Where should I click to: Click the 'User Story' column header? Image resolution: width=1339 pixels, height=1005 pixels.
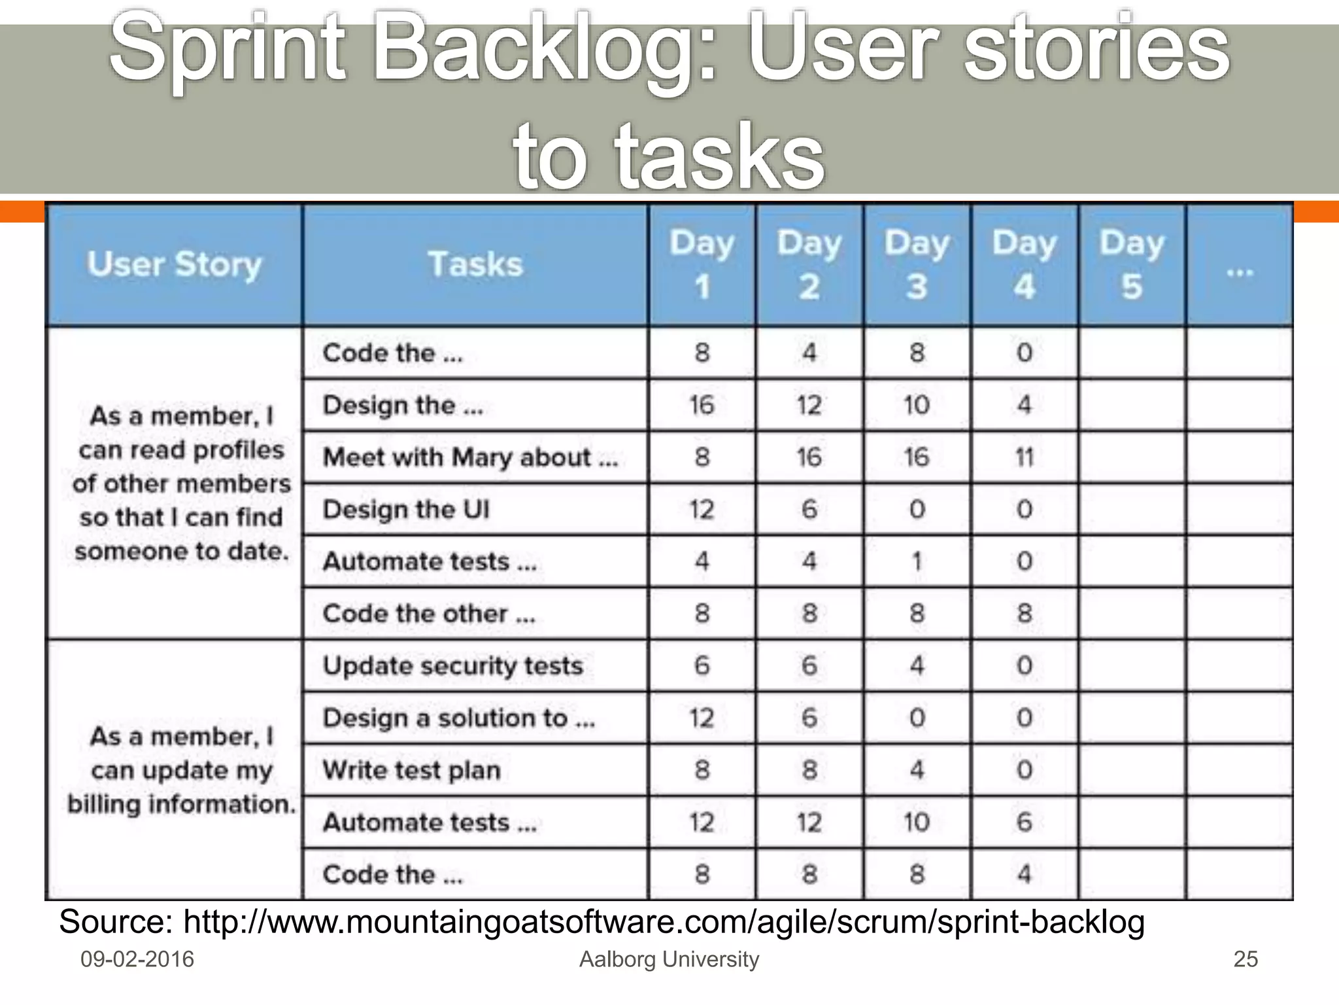[175, 265]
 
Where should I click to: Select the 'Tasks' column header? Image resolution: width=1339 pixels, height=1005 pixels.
[475, 265]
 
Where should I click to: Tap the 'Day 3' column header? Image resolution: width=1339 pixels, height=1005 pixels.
[917, 265]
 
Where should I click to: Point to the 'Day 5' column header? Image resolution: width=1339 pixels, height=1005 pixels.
[1132, 265]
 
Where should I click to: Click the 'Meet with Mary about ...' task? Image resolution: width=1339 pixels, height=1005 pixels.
[470, 457]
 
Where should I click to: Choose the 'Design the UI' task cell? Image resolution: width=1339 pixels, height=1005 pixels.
[406, 510]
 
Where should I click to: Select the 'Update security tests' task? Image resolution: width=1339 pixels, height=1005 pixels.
[452, 666]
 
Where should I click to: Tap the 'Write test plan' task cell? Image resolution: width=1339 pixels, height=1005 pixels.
[411, 770]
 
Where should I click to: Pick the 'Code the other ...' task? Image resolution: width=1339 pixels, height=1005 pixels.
[429, 614]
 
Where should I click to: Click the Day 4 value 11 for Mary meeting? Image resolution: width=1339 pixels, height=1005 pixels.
[1025, 457]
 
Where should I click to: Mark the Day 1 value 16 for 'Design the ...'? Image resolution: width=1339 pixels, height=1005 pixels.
[702, 405]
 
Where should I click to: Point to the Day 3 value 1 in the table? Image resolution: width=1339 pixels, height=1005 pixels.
[917, 561]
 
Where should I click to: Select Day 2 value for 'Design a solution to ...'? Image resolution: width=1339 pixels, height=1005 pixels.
[809, 718]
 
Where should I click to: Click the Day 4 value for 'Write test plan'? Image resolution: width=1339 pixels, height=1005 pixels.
[1025, 770]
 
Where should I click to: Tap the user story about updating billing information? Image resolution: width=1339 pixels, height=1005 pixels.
[181, 771]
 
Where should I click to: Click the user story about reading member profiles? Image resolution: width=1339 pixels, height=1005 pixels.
[181, 484]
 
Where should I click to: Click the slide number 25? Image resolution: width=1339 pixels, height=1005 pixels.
[1245, 959]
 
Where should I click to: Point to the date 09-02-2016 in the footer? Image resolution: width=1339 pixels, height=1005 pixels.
[137, 959]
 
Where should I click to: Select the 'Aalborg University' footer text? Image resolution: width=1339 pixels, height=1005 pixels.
[669, 959]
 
